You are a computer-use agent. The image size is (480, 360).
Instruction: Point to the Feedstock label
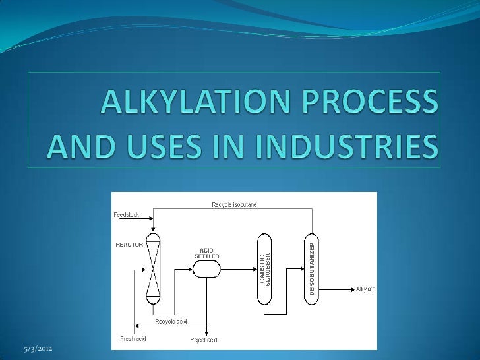click(126, 215)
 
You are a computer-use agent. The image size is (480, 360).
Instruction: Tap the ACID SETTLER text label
click(206, 253)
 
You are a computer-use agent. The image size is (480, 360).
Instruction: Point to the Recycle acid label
click(171, 321)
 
